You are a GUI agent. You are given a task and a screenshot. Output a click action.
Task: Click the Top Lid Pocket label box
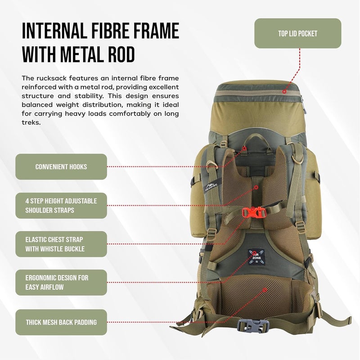click(x=297, y=33)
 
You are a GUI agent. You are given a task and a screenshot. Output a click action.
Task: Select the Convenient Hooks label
click(x=61, y=166)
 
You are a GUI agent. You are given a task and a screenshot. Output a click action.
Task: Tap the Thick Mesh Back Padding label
click(x=61, y=322)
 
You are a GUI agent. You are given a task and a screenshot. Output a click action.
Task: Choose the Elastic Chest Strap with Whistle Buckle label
click(x=61, y=244)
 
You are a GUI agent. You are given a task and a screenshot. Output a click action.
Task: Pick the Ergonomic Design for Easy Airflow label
click(x=61, y=283)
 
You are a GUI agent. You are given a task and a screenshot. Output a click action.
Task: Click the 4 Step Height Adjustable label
click(x=61, y=205)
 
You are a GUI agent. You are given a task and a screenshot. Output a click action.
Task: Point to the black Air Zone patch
click(x=255, y=260)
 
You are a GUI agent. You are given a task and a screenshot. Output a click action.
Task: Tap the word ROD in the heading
click(x=121, y=54)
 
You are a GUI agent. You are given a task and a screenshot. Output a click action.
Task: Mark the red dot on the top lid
click(x=284, y=91)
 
